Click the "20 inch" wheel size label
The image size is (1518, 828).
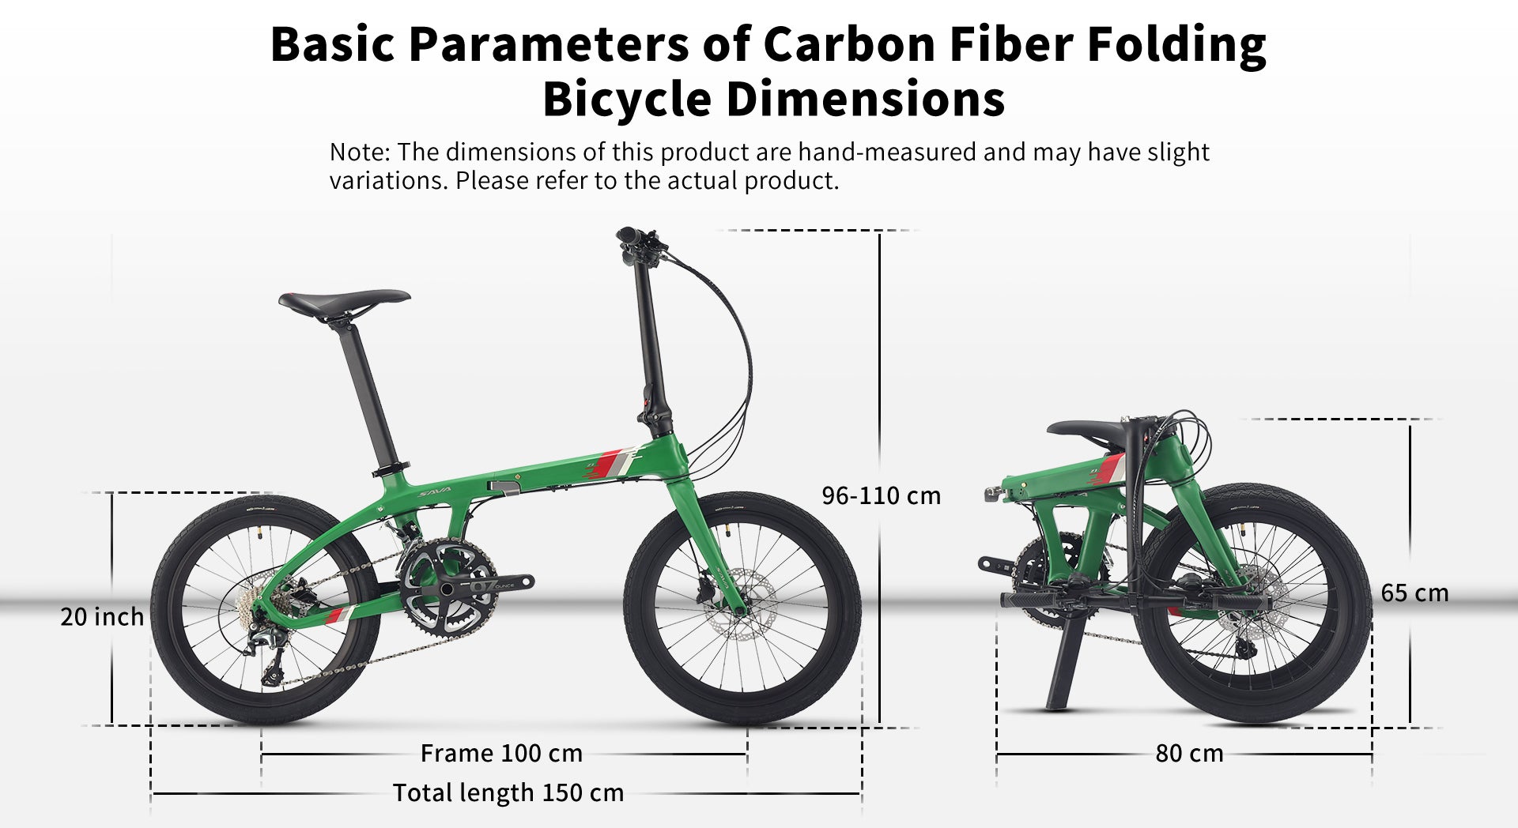tap(102, 617)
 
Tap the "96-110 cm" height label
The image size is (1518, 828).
tap(882, 496)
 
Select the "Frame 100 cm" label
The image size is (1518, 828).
tap(501, 753)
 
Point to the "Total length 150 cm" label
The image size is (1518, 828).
tap(508, 792)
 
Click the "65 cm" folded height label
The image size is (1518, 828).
tap(1414, 593)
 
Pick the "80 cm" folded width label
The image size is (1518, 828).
tap(1189, 753)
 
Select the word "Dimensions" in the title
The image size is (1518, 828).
tap(865, 100)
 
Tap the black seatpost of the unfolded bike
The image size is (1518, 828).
tap(372, 395)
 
